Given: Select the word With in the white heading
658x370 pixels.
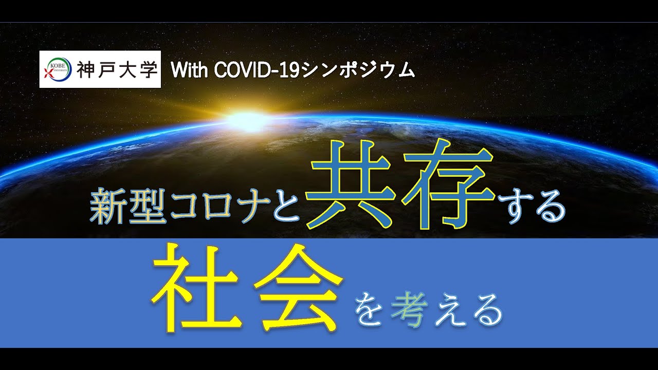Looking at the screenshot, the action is click(x=190, y=70).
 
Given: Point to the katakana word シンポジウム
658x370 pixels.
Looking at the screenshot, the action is click(x=358, y=70).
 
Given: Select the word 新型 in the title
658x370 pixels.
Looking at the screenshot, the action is click(x=129, y=206).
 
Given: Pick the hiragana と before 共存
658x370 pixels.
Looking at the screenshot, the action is click(x=287, y=206).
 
